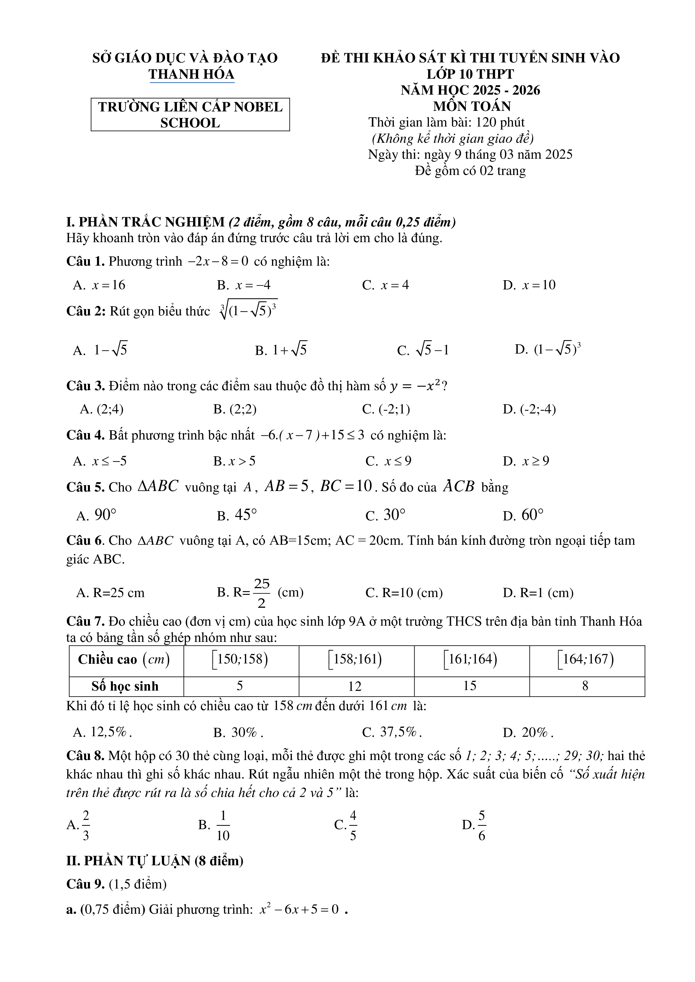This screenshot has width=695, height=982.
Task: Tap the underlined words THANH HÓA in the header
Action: (191, 74)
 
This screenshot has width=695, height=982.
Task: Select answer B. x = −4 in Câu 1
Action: (244, 285)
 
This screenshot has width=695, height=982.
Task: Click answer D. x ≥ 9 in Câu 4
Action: (526, 461)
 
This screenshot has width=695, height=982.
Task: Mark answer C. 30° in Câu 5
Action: (385, 515)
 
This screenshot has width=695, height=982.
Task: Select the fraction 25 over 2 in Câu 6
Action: (261, 593)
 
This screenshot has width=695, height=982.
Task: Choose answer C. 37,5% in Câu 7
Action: (392, 733)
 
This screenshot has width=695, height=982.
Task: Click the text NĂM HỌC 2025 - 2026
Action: (470, 90)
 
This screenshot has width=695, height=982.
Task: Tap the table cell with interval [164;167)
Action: (586, 659)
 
